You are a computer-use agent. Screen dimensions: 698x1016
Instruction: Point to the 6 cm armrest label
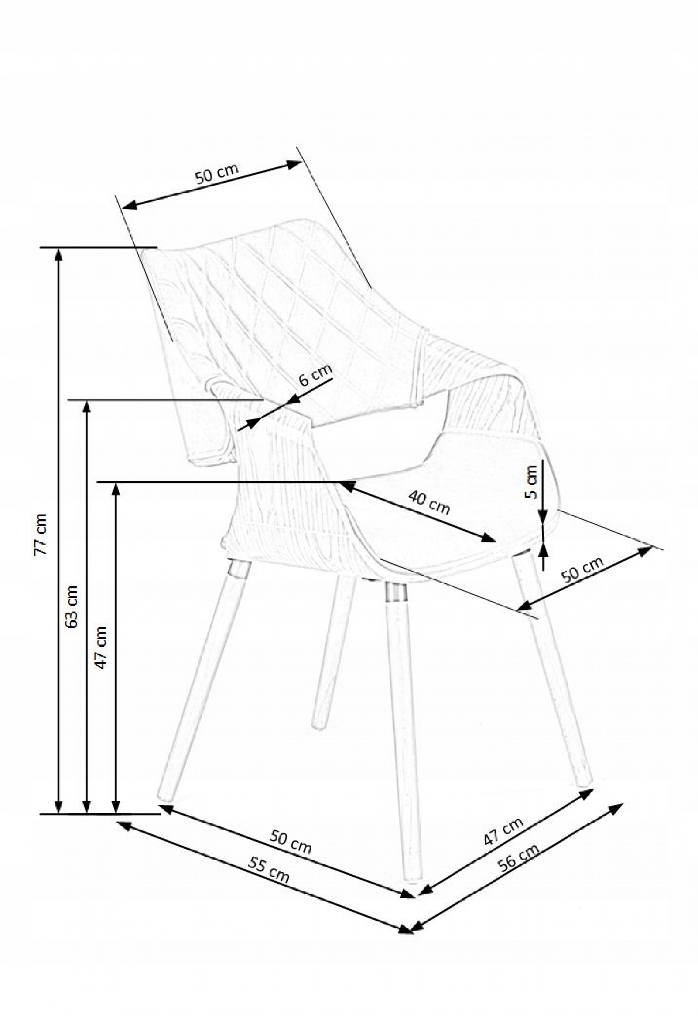point(315,375)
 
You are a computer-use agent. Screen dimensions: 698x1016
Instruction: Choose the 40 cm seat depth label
point(429,502)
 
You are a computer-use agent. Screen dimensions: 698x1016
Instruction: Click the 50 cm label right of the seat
point(582,569)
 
